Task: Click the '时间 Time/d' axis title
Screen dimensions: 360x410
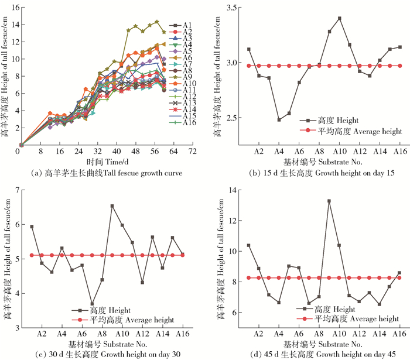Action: (x=106, y=162)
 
